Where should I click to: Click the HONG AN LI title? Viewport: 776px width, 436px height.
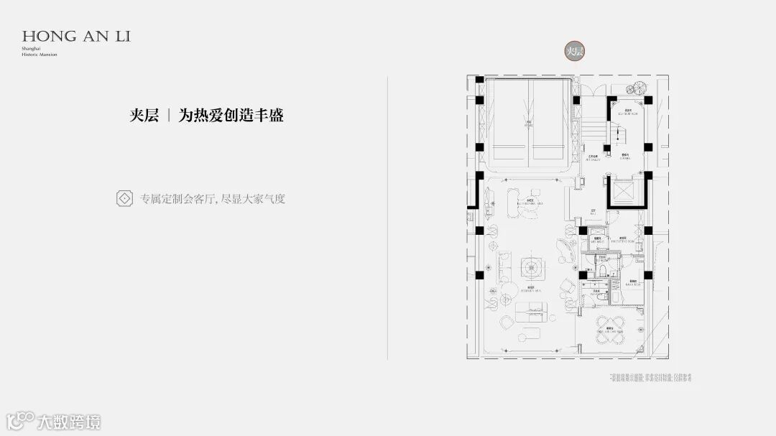coord(76,35)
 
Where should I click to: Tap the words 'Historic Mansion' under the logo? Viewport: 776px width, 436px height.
coord(40,55)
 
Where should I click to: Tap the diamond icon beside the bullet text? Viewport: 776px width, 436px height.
coord(124,198)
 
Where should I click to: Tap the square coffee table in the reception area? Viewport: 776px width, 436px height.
coord(534,267)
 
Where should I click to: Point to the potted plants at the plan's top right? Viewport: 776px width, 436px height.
coord(635,88)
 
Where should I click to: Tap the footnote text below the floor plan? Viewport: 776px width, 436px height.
coord(644,377)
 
